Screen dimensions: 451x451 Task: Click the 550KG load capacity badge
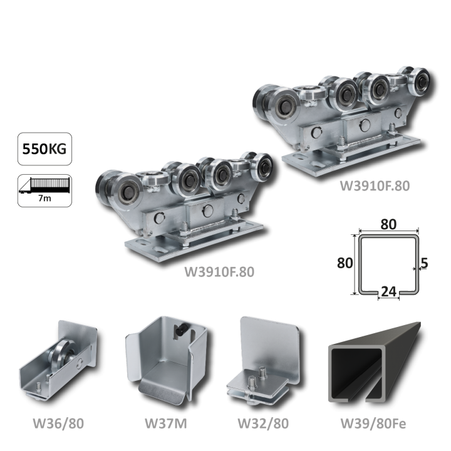[x=44, y=149]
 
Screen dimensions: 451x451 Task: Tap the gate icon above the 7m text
[x=44, y=185]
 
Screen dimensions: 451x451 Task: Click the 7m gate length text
[x=44, y=199]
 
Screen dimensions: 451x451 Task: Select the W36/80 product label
[x=58, y=423]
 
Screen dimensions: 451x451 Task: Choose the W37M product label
[x=165, y=423]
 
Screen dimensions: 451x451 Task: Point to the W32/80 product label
[x=263, y=423]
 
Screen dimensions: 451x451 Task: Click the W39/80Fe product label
[x=373, y=423]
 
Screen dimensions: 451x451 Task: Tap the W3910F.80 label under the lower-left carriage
[x=219, y=272]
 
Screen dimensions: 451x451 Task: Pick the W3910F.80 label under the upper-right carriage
[x=375, y=186]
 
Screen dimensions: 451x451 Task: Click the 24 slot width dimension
[x=388, y=291]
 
